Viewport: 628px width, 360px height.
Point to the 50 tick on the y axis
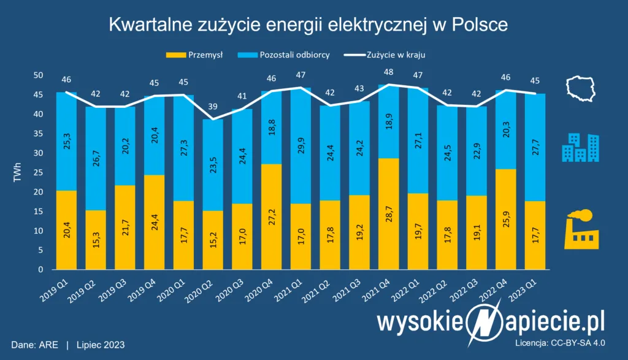point(38,75)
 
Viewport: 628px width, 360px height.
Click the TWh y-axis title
point(17,172)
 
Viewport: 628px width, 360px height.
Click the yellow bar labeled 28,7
point(389,214)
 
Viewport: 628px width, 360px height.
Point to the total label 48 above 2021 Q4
point(389,72)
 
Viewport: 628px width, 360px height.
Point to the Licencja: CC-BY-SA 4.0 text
point(570,344)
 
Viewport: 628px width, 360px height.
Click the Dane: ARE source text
point(34,345)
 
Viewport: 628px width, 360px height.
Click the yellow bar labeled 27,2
point(272,216)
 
